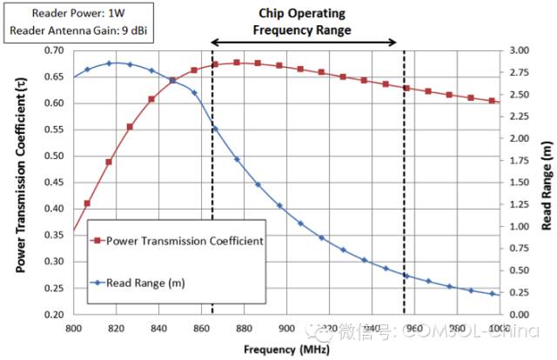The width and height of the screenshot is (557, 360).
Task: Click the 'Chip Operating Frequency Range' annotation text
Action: click(302, 22)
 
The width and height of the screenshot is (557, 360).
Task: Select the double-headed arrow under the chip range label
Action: click(305, 43)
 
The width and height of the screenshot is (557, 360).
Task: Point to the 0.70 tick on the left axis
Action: click(52, 50)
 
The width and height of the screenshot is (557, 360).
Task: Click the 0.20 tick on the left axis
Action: click(52, 314)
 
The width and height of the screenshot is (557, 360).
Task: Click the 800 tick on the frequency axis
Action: click(73, 328)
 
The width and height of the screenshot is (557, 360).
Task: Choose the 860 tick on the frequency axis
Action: click(201, 328)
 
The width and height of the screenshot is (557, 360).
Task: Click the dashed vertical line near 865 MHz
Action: click(212, 217)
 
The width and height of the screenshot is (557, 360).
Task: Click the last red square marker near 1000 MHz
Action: click(492, 101)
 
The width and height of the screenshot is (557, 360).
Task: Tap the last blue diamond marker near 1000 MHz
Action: click(492, 294)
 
